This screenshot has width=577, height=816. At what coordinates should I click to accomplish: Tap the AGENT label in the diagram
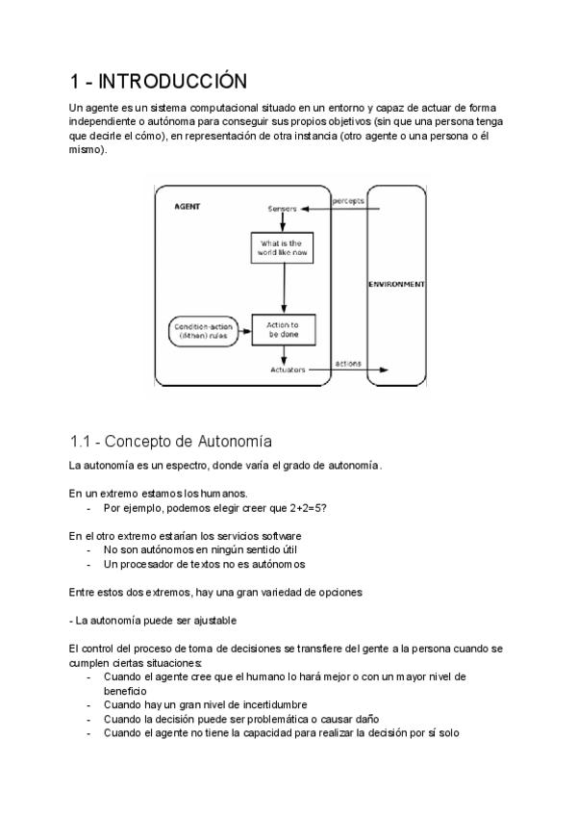tap(188, 207)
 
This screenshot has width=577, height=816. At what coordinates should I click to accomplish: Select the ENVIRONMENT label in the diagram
tap(397, 285)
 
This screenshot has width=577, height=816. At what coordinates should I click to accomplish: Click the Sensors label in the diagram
tap(282, 208)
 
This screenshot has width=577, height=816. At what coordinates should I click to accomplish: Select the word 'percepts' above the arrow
tap(348, 201)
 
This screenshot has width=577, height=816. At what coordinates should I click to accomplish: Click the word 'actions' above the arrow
tap(347, 363)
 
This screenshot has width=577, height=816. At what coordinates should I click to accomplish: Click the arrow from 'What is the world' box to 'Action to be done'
tap(283, 290)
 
